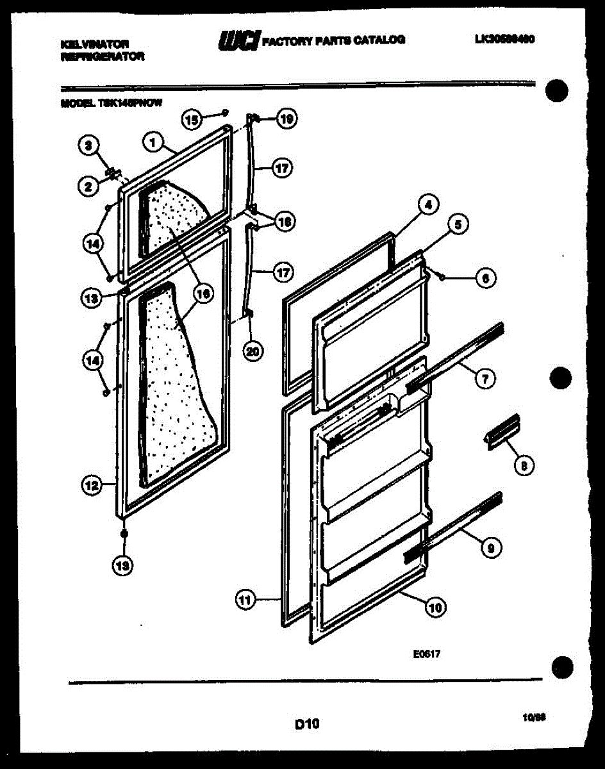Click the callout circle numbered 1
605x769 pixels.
(153, 142)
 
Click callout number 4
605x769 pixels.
(427, 206)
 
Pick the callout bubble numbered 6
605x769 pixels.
(485, 278)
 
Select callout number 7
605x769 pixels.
(485, 379)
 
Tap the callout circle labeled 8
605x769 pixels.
(524, 467)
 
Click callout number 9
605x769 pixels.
(490, 547)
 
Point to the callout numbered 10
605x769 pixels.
(435, 607)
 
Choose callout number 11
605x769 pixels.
(244, 600)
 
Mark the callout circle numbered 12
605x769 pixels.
(92, 486)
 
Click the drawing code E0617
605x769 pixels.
(428, 654)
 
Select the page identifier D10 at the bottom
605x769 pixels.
(307, 724)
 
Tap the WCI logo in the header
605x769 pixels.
(238, 40)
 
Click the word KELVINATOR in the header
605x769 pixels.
(95, 44)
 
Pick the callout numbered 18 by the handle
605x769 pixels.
(283, 222)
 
